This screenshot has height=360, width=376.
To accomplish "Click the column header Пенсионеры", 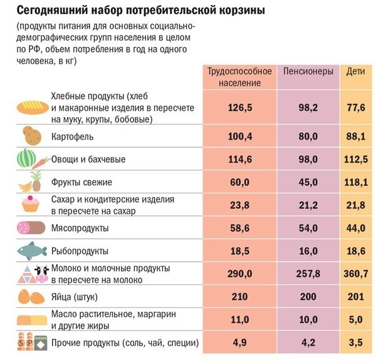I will tap(308, 71).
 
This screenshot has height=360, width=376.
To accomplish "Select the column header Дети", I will tap(355, 71).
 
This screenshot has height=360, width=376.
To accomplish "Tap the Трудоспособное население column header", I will tap(240, 77).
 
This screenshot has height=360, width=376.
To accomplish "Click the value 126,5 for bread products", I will tap(240, 108).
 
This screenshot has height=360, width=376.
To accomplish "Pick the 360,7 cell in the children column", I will tap(355, 274).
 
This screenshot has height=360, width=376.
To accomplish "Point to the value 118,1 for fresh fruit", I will tap(355, 182).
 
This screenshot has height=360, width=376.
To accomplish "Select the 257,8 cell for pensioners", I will tap(308, 274).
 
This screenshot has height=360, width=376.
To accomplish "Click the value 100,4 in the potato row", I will tap(240, 136).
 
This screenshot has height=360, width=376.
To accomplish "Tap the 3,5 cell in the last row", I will tap(355, 343).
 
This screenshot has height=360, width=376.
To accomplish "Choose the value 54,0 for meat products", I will tap(308, 229).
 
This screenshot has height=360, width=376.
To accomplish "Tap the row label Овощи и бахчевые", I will tap(88, 159).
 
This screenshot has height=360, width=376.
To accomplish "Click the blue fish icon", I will tap(31, 250).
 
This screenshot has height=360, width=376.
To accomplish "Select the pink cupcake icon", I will tap(30, 203).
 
